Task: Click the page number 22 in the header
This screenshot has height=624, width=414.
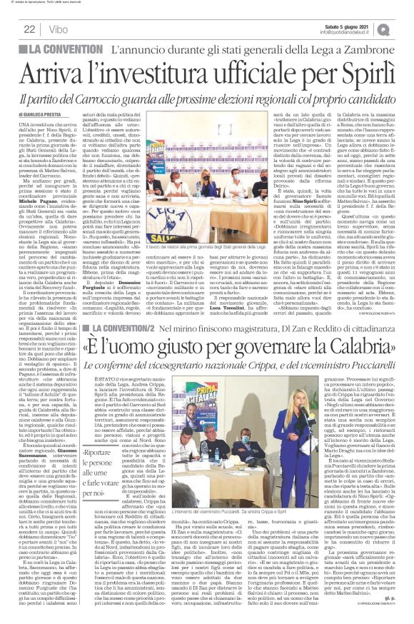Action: (x=29, y=29)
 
